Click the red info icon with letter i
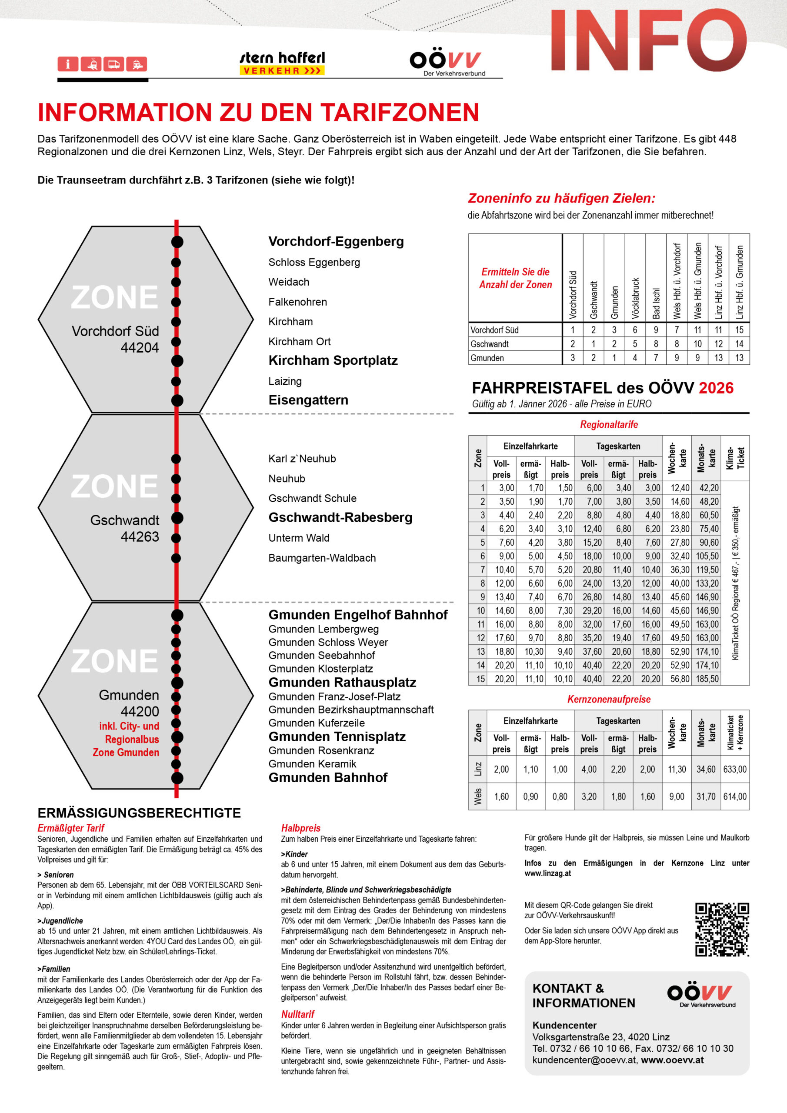tap(68, 64)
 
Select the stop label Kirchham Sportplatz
tap(333, 361)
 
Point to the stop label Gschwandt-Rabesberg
tap(340, 518)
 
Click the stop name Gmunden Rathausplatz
tap(342, 683)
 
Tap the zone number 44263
tap(140, 537)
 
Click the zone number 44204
tap(140, 347)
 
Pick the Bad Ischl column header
tap(656, 303)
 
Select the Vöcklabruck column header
tap(635, 298)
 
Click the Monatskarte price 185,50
tap(707, 679)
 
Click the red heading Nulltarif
tap(298, 1014)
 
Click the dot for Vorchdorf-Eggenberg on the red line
tap(177, 241)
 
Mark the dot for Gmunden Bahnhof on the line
tap(177, 778)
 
